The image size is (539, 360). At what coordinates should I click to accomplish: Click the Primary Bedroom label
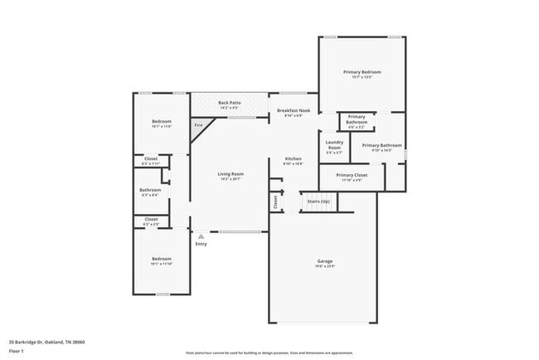pos(362,73)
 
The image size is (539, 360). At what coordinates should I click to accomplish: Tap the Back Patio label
pos(229,103)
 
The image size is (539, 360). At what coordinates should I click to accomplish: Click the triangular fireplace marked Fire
pos(199,127)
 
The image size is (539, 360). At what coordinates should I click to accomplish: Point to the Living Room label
pos(230,173)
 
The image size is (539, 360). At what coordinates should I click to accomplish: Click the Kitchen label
pos(294,158)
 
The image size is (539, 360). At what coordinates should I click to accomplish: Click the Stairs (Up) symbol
pos(319,202)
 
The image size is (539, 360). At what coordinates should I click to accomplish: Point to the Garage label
pos(325,262)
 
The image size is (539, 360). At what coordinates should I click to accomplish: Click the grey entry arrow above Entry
pos(199,236)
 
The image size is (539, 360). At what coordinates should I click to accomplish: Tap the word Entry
pos(201,245)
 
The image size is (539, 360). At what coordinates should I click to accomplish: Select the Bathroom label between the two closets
pos(150,190)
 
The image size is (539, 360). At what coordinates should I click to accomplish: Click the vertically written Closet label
pos(275,201)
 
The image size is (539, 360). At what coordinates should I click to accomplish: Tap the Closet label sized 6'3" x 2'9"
pos(151,221)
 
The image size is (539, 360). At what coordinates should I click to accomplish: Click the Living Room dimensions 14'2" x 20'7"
pos(230,179)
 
